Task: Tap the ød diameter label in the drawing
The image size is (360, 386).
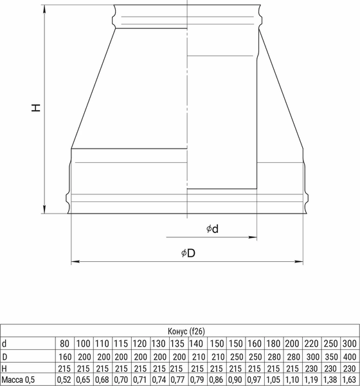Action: pos(213,229)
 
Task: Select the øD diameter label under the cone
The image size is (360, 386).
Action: pos(188,253)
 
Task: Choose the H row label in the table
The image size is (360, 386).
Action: pos(4,367)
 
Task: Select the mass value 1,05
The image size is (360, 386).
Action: pos(274,380)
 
